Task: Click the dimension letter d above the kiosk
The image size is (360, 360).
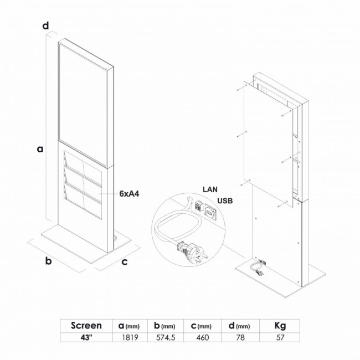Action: tap(45, 25)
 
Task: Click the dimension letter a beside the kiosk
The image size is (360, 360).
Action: tap(40, 149)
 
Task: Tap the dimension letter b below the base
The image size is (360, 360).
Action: tap(48, 261)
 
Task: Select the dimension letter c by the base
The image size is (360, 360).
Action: tap(125, 262)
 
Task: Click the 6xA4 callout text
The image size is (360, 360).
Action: tap(129, 194)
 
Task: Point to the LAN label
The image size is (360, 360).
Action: tap(210, 189)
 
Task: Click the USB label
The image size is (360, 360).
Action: tap(225, 201)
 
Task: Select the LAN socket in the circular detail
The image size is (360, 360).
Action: tap(198, 206)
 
